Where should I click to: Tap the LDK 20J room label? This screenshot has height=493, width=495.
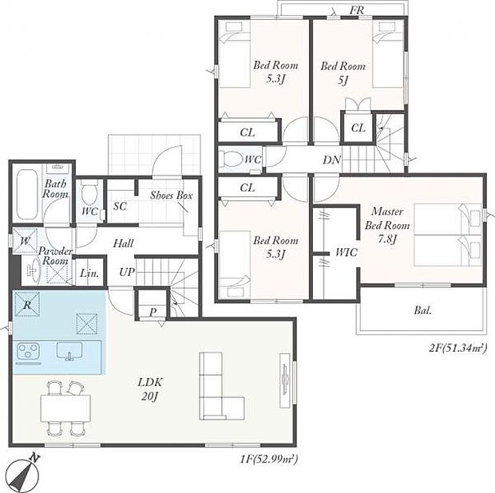point(150,389)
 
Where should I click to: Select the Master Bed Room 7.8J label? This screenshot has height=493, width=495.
point(387,225)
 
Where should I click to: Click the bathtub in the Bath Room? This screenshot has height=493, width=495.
point(27,195)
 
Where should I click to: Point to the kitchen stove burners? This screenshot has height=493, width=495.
point(28,351)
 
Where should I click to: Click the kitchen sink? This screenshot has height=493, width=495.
point(69,351)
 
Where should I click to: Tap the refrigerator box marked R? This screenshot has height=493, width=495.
point(27,305)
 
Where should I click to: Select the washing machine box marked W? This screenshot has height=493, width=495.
point(25,241)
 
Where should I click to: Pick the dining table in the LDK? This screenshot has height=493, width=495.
point(65,408)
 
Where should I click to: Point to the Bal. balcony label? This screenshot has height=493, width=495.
point(422,310)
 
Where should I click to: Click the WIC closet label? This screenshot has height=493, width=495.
point(346,252)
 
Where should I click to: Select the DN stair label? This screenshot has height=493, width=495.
point(331,160)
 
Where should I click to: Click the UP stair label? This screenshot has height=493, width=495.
point(127,271)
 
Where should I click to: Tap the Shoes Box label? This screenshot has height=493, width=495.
point(171,195)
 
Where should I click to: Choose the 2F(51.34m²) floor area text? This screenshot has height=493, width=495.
point(457,348)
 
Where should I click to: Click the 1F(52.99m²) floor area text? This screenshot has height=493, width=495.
point(268,458)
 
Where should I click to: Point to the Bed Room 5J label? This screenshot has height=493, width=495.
point(343,73)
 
